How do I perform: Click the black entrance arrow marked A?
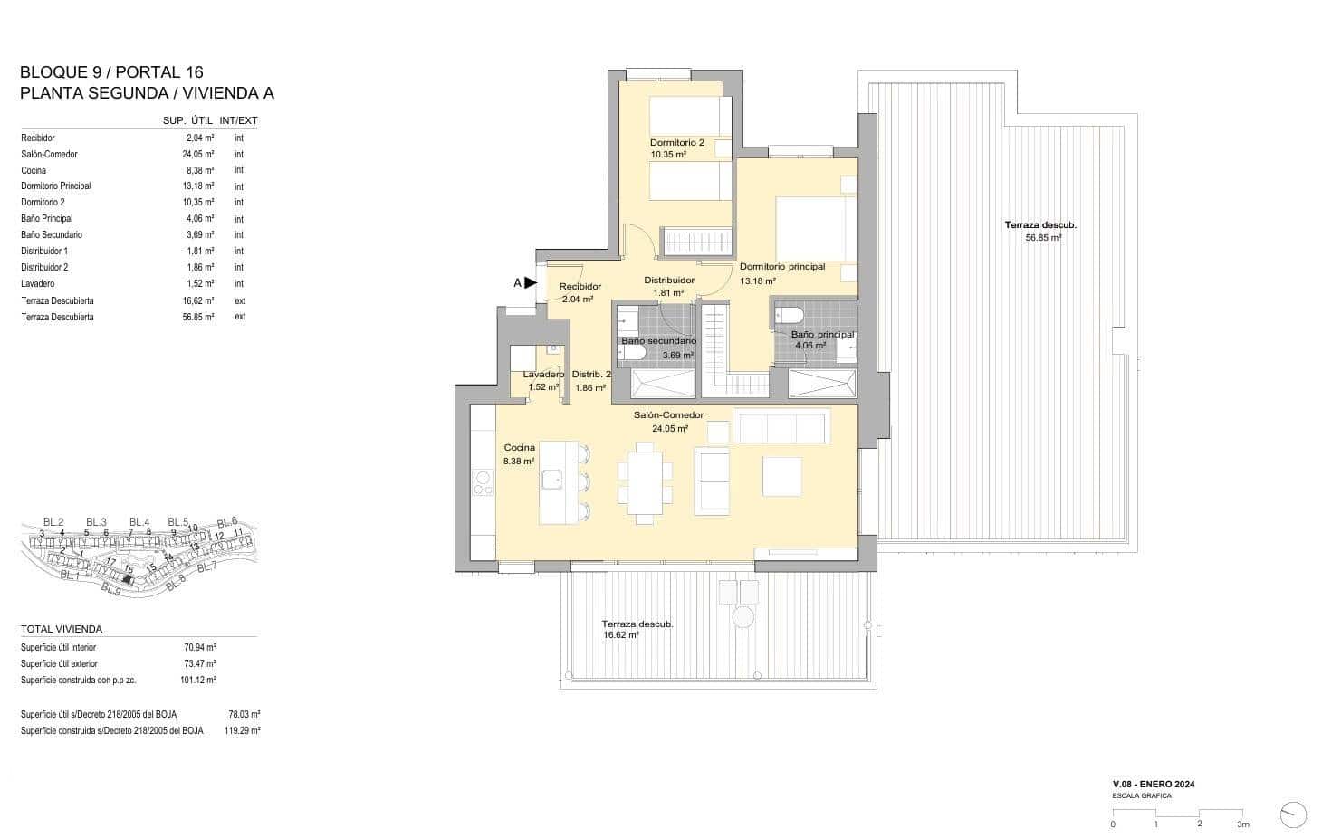point(531,282)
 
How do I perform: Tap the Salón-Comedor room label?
point(668,415)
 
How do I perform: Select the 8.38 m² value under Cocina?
point(520,461)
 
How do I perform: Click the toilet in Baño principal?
point(787,316)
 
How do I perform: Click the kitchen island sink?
point(551,480)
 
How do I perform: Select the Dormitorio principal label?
point(781,267)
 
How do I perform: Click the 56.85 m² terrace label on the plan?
point(1042,238)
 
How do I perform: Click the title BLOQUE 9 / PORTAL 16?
point(111,72)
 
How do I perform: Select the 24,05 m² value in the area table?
point(199,155)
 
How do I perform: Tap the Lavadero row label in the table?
point(38,284)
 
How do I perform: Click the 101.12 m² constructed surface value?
point(200,680)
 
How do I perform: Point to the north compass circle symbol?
point(1295,814)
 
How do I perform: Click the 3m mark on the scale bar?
point(1243,824)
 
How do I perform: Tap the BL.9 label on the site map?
point(110,589)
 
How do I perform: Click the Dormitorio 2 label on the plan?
point(676,143)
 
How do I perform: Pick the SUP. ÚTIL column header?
point(187,120)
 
